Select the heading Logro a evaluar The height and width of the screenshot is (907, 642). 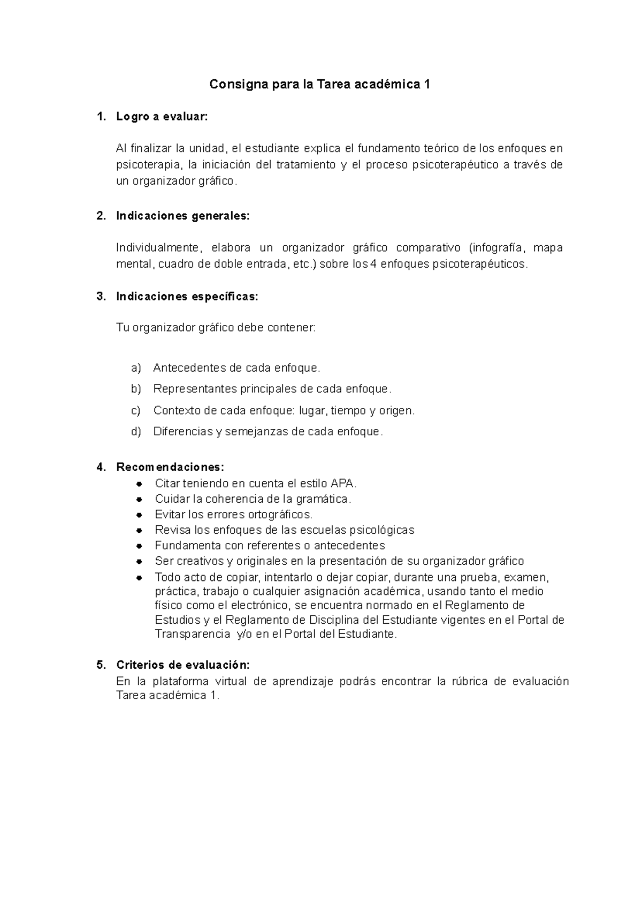[161, 117]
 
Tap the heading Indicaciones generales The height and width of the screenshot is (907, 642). [182, 216]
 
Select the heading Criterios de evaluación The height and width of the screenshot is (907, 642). [182, 665]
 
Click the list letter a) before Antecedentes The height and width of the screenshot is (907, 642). [136, 368]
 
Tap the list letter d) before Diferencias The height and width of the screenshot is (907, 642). [136, 432]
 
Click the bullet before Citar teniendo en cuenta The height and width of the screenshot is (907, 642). [139, 483]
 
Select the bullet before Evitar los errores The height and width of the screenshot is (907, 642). [139, 515]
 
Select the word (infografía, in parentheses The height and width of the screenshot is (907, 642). [497, 248]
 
